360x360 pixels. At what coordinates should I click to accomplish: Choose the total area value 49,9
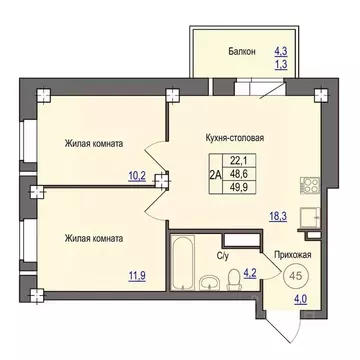(x=239, y=187)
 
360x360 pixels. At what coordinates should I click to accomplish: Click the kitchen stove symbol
(x=307, y=186)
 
